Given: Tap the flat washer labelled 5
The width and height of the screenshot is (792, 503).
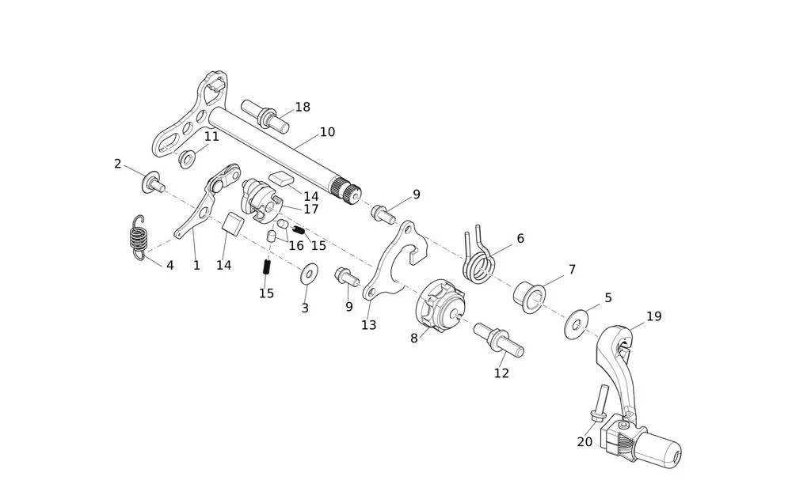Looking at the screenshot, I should pos(577,324).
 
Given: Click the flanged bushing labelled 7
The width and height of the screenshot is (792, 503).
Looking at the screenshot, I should pos(528,294).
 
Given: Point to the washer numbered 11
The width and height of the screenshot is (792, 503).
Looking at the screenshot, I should pos(188,159).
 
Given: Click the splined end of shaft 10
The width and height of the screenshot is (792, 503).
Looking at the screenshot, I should pos(348,191).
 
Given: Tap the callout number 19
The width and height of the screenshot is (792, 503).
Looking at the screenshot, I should pos(653,316).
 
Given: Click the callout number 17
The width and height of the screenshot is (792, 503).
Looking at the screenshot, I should pos(310,210).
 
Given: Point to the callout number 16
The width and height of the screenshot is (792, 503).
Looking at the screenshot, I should pos(296,246).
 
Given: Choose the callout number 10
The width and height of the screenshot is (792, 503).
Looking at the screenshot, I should pos(327,132).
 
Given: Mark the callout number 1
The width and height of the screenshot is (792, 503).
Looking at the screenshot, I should pos(196,266).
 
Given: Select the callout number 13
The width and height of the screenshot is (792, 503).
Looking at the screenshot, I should pos(368,325).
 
